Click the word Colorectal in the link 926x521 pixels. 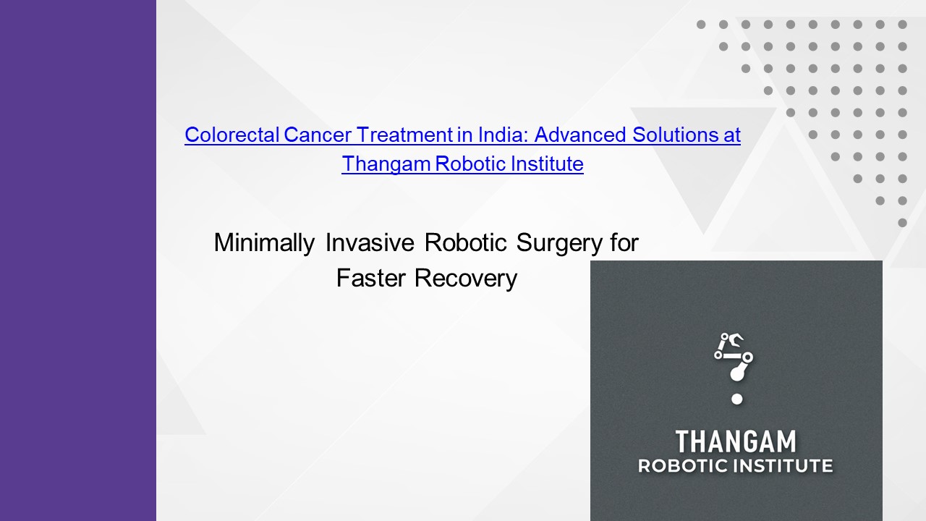point(232,135)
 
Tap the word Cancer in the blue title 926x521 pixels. point(318,135)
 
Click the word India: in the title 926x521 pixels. point(504,135)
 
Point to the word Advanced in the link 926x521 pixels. point(580,135)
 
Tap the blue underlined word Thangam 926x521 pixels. point(386,164)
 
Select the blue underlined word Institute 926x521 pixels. point(547,164)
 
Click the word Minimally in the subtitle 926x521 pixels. point(265,242)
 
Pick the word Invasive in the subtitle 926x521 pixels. point(370,242)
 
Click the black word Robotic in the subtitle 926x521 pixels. point(465,242)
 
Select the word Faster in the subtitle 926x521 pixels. point(371,278)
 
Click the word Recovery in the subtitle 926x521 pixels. point(466,279)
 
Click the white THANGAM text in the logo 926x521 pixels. point(736,441)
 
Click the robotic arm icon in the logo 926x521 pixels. point(734,357)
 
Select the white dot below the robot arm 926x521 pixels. point(736,399)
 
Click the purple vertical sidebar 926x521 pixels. point(78,260)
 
